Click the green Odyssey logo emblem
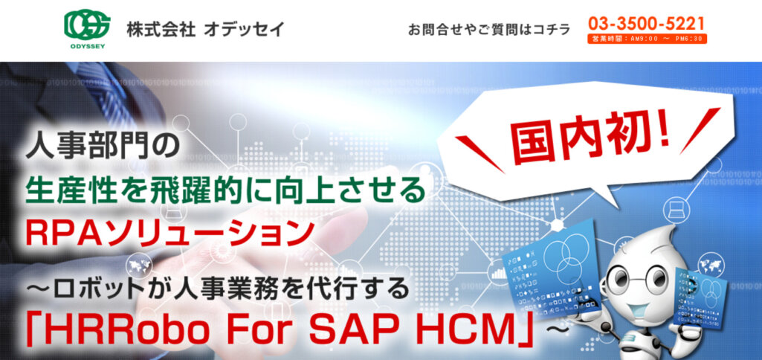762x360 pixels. pos(87,25)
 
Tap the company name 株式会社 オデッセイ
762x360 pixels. pos(205,30)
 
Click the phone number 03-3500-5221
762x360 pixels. pos(646,24)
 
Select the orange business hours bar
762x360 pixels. pos(646,39)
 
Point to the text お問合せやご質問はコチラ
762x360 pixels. pos(488,30)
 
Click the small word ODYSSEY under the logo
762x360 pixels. pos(87,46)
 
